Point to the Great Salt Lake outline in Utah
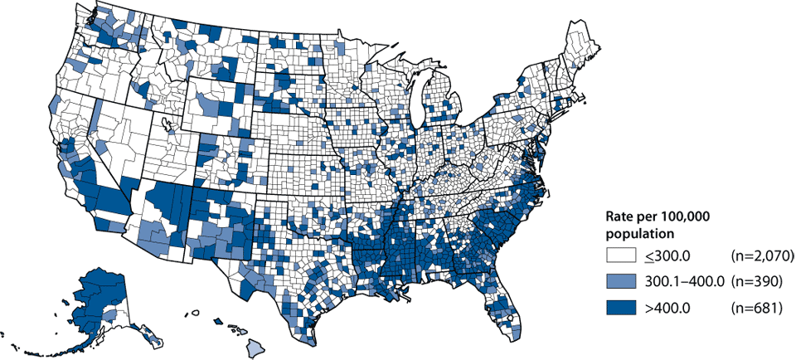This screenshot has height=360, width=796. pos(168,124)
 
